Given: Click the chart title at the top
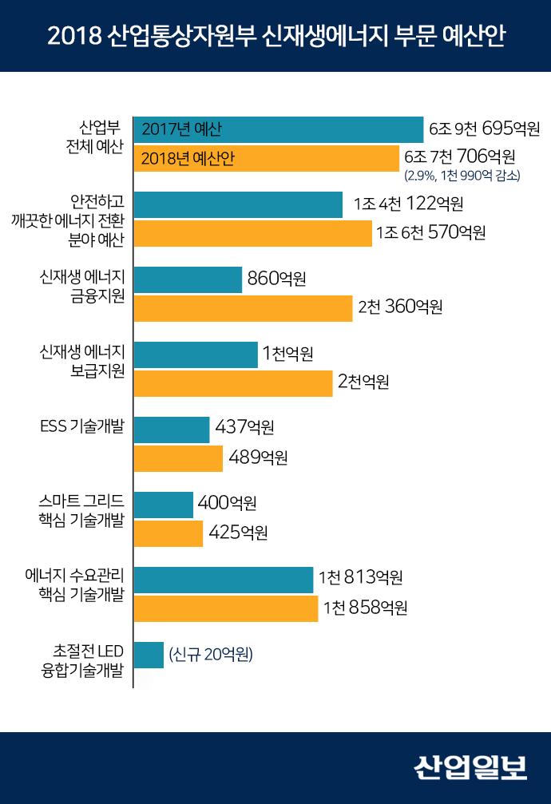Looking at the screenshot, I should point(275,37).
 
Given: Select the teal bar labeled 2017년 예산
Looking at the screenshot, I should point(278,129).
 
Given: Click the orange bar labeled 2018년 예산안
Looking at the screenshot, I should point(266,158).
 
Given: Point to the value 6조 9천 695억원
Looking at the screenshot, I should point(485,129).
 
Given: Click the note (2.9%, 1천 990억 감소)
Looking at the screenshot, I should point(462,175).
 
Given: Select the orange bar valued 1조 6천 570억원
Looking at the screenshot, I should point(252,233).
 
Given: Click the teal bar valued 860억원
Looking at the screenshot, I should point(188,279).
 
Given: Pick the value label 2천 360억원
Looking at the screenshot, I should point(400,307).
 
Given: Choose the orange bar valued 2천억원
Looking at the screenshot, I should point(232,382).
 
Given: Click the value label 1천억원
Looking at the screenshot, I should point(287,354).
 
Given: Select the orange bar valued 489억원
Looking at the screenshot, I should point(178,458).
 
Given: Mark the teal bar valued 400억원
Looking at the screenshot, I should point(164,504).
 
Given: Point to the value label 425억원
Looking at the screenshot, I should point(238,533).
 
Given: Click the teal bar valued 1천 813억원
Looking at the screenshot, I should point(224,579).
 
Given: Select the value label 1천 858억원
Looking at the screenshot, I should point(366,608).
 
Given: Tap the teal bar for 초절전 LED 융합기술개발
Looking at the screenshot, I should point(149,655).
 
